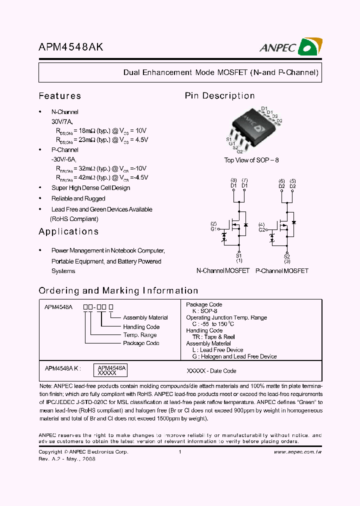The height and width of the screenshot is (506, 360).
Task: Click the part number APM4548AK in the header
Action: pos(71,47)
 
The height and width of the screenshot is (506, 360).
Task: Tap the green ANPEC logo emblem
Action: pos(310,47)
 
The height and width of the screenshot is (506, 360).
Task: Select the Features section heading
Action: pos(59,96)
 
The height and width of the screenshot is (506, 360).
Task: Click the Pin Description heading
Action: pos(219,96)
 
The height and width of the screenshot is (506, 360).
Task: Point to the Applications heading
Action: pos(68,231)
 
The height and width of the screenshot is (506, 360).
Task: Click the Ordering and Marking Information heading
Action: pos(118,290)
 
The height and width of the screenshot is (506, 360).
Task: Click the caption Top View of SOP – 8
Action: pos(251,160)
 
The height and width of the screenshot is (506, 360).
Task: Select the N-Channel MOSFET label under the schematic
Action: pos(223,270)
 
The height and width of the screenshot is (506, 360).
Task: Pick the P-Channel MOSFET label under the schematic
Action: pos(281,270)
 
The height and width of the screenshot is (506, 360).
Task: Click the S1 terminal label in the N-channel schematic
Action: pos(239,255)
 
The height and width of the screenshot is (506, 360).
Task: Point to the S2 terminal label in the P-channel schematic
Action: pos(287,255)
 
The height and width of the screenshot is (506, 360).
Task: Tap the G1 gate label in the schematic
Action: pos(213,229)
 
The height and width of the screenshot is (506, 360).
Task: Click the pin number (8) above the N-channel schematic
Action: pos(233,180)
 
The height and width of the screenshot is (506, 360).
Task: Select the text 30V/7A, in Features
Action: pos(62,121)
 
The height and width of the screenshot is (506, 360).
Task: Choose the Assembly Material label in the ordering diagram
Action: pos(145,317)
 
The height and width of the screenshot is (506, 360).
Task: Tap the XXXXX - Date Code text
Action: pos(211,371)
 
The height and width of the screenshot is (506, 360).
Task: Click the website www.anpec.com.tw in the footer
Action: pos(297,452)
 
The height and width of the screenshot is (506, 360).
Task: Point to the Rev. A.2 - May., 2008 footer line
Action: pos(66,458)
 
